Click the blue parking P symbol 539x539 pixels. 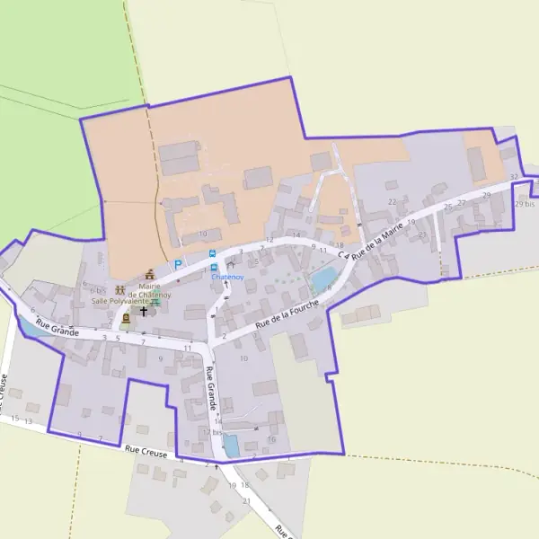[178, 265]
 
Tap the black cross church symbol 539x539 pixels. [143, 312]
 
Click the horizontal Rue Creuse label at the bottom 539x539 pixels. [146, 454]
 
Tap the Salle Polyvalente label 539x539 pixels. [121, 302]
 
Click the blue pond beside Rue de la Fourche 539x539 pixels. [321, 280]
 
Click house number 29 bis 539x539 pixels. [525, 205]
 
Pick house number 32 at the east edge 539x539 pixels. [514, 177]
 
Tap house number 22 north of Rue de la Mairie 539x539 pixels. [392, 202]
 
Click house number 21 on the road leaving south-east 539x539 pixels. [247, 500]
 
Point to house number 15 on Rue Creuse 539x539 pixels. [14, 419]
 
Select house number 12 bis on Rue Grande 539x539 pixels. [211, 432]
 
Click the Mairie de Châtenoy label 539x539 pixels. [149, 290]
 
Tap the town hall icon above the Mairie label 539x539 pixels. [150, 273]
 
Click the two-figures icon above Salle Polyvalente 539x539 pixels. [119, 290]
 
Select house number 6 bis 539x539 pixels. [98, 290]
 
